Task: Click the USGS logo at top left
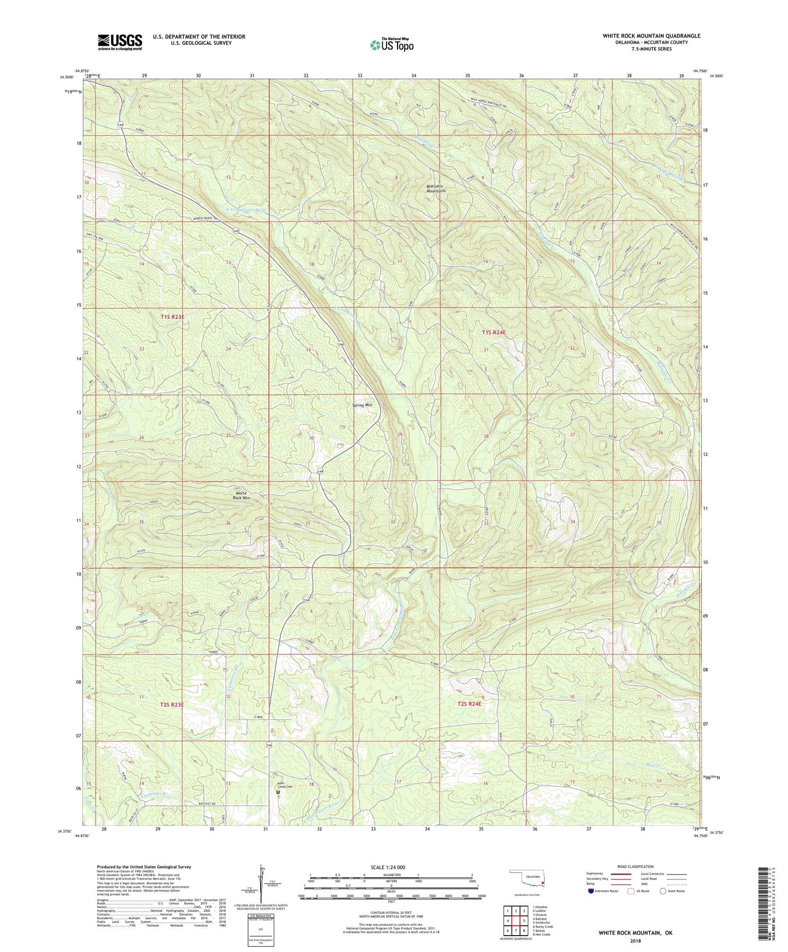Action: [x=120, y=42]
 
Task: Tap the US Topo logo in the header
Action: [x=391, y=45]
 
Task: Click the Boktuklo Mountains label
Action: [x=436, y=189]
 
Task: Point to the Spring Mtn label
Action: [x=362, y=405]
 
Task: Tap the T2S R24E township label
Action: [x=470, y=704]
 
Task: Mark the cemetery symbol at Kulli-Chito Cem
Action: [x=278, y=793]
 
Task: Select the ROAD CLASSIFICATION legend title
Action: [x=635, y=866]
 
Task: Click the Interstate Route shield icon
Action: [x=592, y=891]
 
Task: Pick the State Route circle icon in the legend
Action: [x=663, y=891]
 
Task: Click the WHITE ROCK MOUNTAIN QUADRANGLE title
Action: [x=651, y=36]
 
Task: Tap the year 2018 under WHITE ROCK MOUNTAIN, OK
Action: [x=635, y=941]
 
